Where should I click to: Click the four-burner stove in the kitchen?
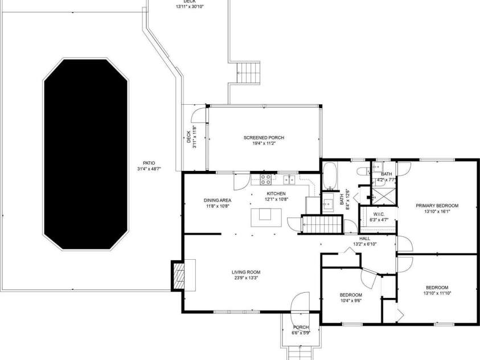pos(266,179)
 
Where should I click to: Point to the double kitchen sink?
pos(290,179)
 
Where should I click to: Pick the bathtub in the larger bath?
pos(330,177)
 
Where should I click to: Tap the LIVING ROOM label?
pos(245,272)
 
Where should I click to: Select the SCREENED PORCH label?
pos(264,138)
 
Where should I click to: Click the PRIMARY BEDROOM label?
pos(437,206)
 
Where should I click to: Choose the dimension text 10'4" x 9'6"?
pos(351,301)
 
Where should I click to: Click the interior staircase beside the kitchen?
pos(321,224)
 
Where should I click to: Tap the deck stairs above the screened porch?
pos(249,72)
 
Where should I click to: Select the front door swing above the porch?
pos(300,302)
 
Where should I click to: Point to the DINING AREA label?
pos(218,200)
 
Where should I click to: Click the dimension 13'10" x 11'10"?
pos(437,294)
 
